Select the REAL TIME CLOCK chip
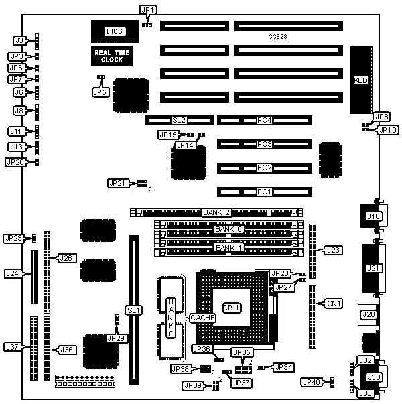coord(111,56)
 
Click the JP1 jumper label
coord(147,9)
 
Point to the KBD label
coord(361,80)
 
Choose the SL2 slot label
coord(178,120)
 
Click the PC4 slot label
coord(265,121)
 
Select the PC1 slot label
coord(265,192)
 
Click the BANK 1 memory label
coord(224,249)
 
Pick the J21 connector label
coord(373,269)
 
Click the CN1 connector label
coord(334,304)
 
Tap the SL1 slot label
coord(131,310)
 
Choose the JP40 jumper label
coord(311,382)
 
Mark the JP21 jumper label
coord(117,183)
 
